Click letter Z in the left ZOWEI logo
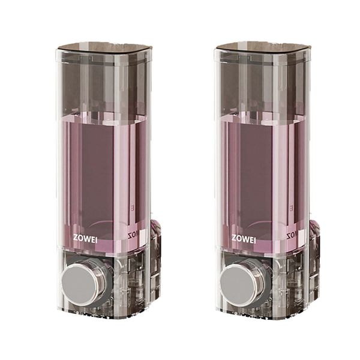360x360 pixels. (75, 238)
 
